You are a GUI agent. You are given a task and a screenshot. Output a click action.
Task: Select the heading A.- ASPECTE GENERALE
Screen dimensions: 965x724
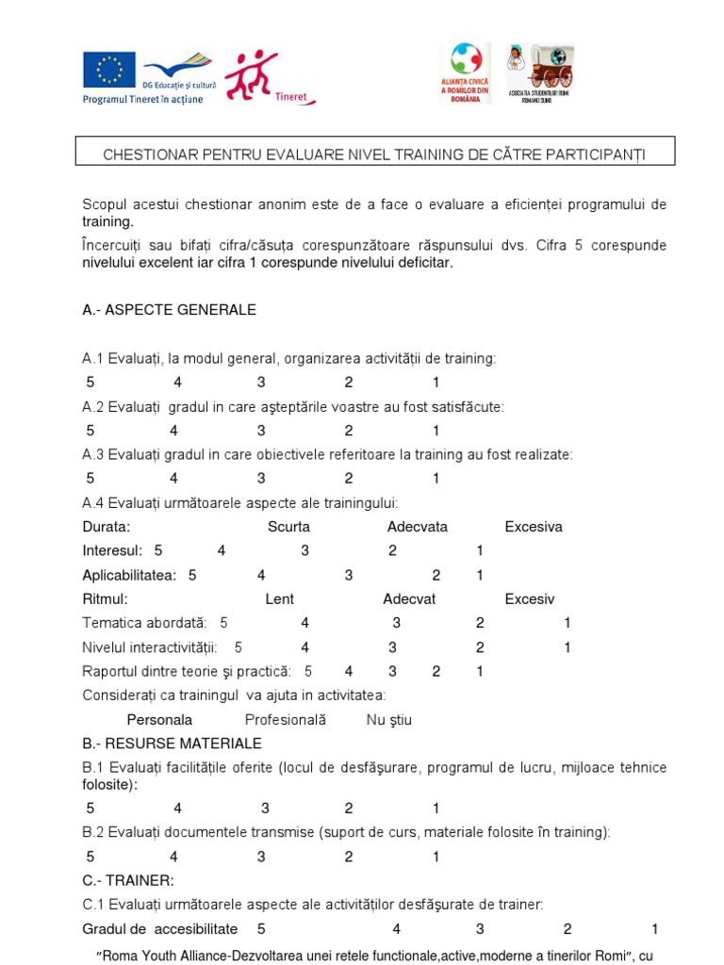pyautogui.click(x=169, y=310)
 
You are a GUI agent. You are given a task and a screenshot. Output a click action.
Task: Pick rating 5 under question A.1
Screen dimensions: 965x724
pyautogui.click(x=90, y=383)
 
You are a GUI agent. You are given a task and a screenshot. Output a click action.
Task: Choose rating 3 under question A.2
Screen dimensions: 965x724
pyautogui.click(x=261, y=431)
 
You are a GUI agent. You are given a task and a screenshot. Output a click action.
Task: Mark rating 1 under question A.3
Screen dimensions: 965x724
pyautogui.click(x=436, y=479)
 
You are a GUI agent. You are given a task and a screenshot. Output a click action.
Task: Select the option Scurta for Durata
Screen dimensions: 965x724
pyautogui.click(x=288, y=527)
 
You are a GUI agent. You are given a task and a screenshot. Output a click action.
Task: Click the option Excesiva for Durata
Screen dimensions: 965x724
pyautogui.click(x=534, y=527)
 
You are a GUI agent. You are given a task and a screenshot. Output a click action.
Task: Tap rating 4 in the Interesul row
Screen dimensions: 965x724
pyautogui.click(x=222, y=551)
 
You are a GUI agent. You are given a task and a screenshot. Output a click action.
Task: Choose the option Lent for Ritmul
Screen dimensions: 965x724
pyautogui.click(x=279, y=599)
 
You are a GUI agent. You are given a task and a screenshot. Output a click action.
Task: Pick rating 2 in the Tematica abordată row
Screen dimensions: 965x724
pyautogui.click(x=480, y=623)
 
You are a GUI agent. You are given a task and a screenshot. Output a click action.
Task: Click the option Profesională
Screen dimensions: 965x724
pyautogui.click(x=285, y=720)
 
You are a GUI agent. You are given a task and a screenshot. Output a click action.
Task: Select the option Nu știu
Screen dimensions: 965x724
pyautogui.click(x=388, y=720)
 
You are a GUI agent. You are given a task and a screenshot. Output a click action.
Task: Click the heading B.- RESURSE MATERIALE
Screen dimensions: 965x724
pyautogui.click(x=172, y=744)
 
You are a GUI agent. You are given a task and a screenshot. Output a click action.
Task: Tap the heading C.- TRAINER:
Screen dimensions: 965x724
pyautogui.click(x=128, y=880)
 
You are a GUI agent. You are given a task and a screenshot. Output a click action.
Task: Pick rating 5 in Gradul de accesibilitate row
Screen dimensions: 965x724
pyautogui.click(x=261, y=929)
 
